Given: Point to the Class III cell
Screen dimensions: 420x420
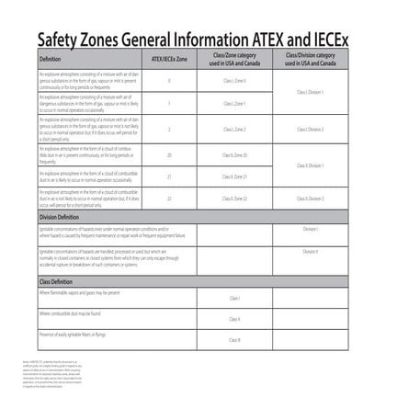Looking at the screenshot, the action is point(234,340).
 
